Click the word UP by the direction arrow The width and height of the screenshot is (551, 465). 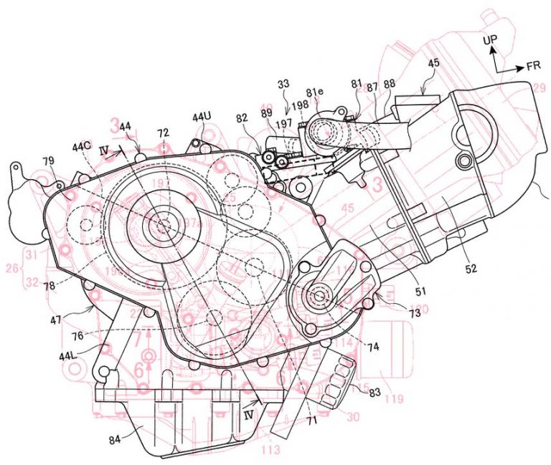(x=489, y=40)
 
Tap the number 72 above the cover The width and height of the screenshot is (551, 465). (x=164, y=134)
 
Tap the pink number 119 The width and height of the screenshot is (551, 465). (x=393, y=398)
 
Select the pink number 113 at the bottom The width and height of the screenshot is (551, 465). (x=270, y=451)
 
